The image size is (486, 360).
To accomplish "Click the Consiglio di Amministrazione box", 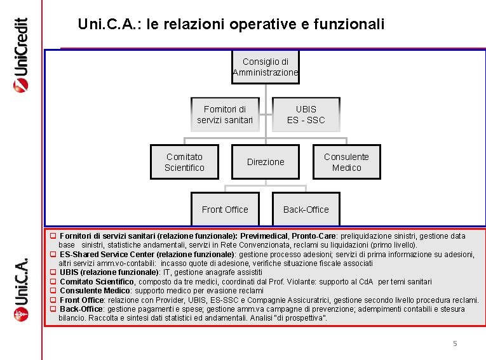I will [265, 67].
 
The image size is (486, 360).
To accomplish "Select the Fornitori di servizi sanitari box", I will [225, 114].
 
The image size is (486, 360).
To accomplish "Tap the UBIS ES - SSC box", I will [306, 114].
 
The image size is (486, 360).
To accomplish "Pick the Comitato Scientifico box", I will [184, 162].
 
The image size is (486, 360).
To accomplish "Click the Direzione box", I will [266, 162].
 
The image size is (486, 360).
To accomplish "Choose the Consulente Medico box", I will [346, 162].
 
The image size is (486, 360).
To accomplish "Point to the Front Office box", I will [225, 210].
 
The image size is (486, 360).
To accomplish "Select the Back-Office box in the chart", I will [306, 210].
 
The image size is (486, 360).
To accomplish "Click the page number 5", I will [454, 343].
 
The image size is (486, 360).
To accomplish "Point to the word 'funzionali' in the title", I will [353, 25].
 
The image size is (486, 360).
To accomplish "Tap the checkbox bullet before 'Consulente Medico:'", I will [53, 290].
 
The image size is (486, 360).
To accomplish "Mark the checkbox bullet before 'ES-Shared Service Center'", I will [53, 254].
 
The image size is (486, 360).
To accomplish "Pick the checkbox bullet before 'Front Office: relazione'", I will [53, 300].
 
